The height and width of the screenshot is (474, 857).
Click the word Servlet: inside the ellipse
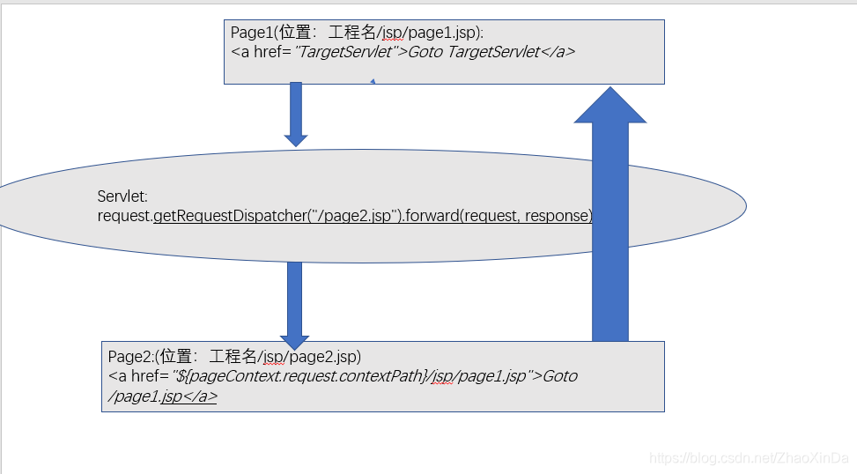(x=122, y=196)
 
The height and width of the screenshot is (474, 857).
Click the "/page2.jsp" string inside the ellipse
(x=349, y=216)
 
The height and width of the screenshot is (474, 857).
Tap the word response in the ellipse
(x=558, y=216)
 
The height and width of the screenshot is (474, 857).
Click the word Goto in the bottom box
(x=560, y=376)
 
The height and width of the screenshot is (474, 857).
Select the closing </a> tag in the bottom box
(x=203, y=396)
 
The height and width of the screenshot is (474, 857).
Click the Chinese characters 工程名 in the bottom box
(x=233, y=357)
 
